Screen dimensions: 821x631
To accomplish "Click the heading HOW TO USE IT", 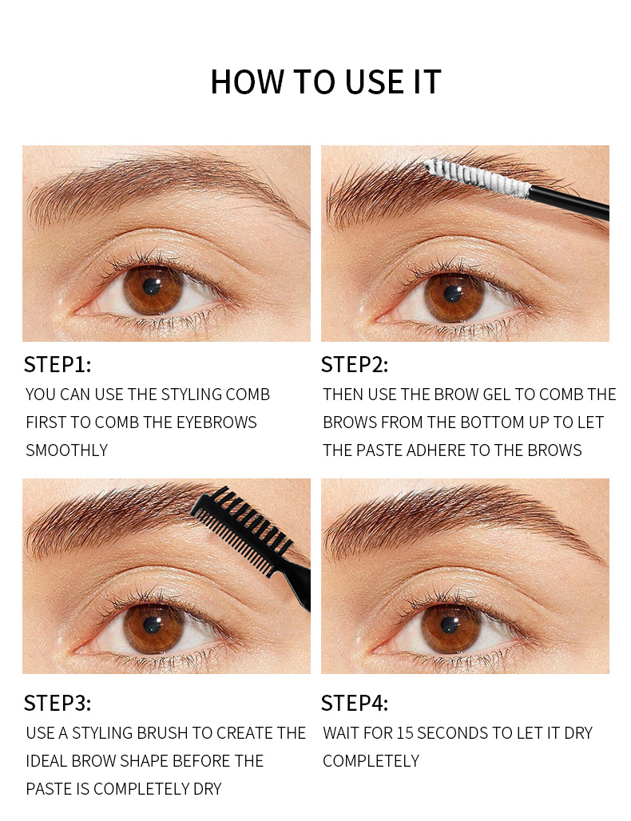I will pyautogui.click(x=325, y=82).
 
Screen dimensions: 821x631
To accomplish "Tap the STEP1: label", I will pyautogui.click(x=58, y=365).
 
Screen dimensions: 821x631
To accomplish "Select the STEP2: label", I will pyautogui.click(x=354, y=365).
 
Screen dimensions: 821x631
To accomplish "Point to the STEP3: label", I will pyautogui.click(x=58, y=704).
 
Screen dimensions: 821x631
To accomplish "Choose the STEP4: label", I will pyautogui.click(x=354, y=704).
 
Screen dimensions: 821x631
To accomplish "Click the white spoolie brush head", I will pyautogui.click(x=478, y=178).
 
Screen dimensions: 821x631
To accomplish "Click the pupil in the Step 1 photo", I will pyautogui.click(x=152, y=288).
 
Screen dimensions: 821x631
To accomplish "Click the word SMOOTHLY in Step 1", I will pyautogui.click(x=66, y=450).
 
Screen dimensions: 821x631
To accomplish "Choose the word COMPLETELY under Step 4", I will pyautogui.click(x=371, y=761).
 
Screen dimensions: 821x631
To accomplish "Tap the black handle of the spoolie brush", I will pyautogui.click(x=570, y=202).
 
